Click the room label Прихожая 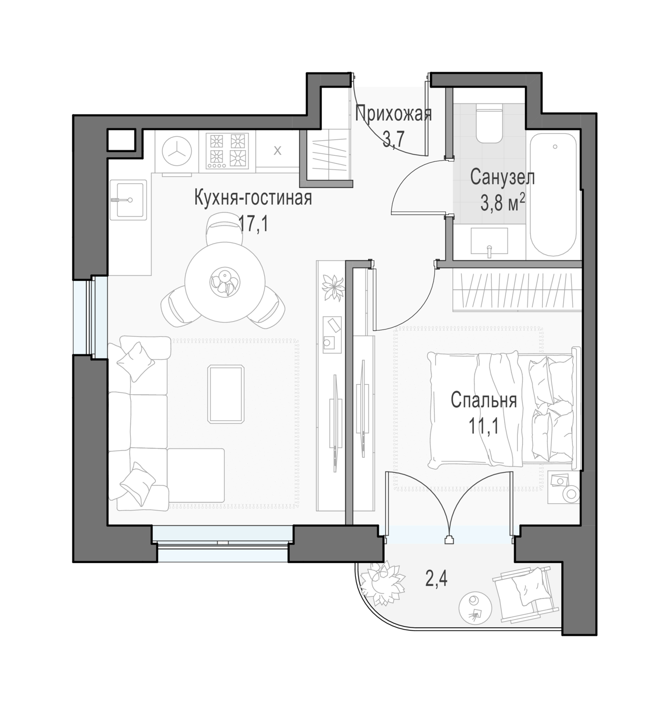pyautogui.click(x=393, y=114)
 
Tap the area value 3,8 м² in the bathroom pyautogui.click(x=503, y=204)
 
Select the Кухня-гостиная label pyautogui.click(x=253, y=198)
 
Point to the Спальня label pyautogui.click(x=483, y=400)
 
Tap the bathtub pyautogui.click(x=553, y=194)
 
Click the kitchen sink pyautogui.click(x=128, y=200)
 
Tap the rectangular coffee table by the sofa pyautogui.click(x=227, y=394)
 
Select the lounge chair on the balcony pyautogui.click(x=524, y=594)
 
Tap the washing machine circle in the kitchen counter pyautogui.click(x=177, y=151)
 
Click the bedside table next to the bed pyautogui.click(x=564, y=487)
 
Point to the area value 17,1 pyautogui.click(x=253, y=225)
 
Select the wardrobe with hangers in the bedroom pyautogui.click(x=517, y=291)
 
